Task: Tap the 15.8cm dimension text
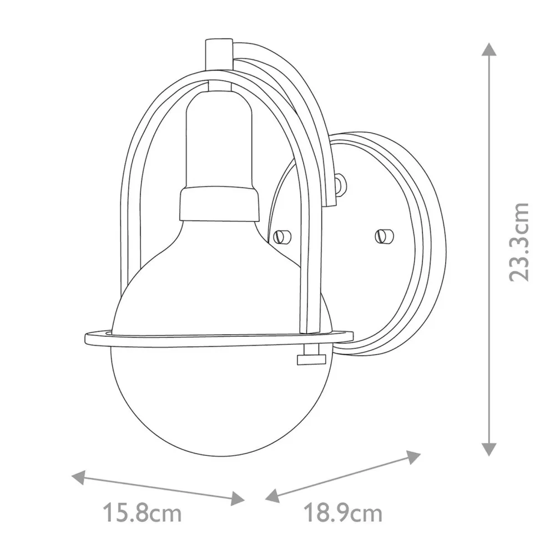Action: pyautogui.click(x=143, y=513)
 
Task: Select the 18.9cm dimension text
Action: pyautogui.click(x=344, y=513)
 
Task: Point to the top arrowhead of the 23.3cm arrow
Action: pyautogui.click(x=488, y=49)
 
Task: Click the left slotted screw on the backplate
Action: pyautogui.click(x=283, y=237)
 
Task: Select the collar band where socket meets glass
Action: pyautogui.click(x=219, y=202)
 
